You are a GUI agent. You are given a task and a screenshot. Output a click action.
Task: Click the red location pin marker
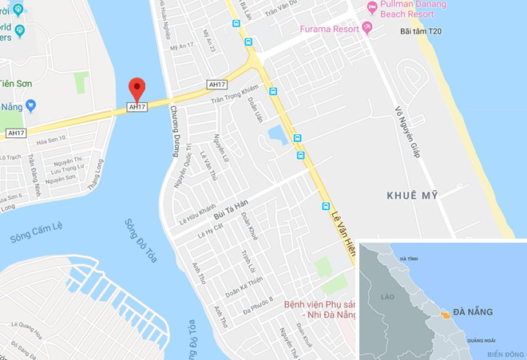tap(137, 88)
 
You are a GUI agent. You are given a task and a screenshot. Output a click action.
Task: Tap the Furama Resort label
tap(330, 29)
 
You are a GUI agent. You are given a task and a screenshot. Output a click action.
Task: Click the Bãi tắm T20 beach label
tap(418, 33)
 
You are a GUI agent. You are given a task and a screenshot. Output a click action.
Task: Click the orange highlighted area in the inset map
tap(446, 315)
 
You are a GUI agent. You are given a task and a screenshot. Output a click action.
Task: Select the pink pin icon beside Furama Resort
tap(367, 29)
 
